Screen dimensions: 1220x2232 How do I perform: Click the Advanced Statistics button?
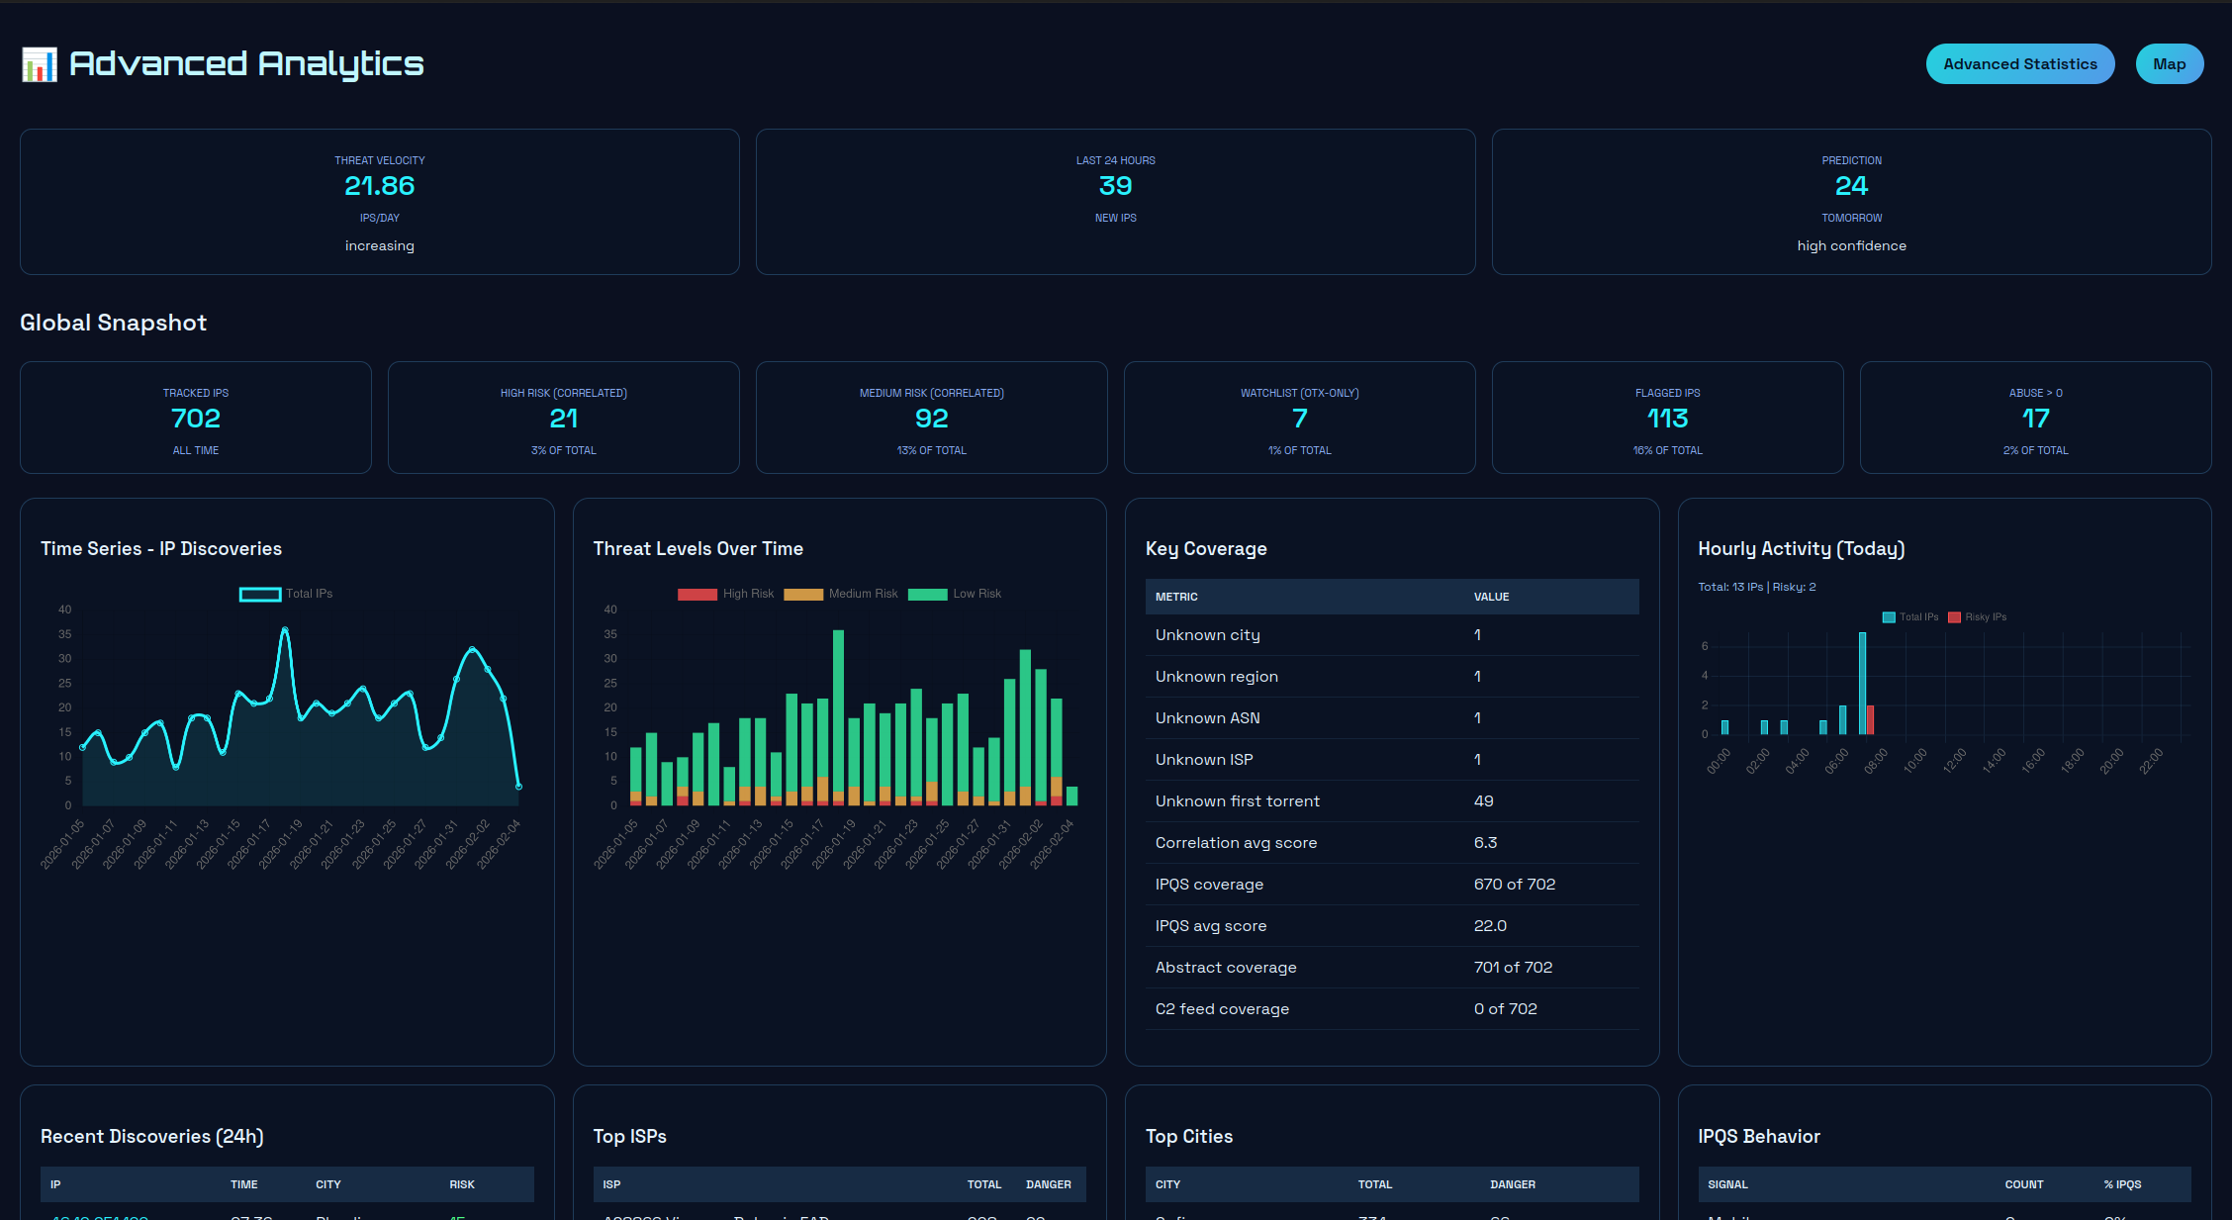pos(2019,64)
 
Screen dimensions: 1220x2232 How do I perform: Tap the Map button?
pos(2169,64)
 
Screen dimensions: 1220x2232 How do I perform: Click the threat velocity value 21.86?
pos(379,186)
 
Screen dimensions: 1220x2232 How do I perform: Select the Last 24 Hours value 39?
pos(1115,186)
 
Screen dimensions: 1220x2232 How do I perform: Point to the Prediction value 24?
pos(1851,186)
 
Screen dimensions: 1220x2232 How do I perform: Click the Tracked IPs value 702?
pos(196,419)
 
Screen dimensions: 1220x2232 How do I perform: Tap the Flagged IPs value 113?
pos(1667,419)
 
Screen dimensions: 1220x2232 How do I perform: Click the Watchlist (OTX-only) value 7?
pos(1299,419)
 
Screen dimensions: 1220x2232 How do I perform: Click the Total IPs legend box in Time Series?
pos(260,594)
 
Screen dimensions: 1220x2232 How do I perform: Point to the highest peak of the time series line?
pos(285,629)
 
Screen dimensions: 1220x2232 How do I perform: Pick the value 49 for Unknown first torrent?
pos(1483,801)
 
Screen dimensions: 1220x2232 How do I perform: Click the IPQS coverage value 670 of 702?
pos(1514,885)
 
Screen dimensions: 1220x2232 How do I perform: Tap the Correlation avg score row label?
pos(1236,843)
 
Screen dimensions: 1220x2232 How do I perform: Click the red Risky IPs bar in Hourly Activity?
pos(1870,719)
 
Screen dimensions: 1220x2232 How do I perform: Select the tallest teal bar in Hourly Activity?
pos(1862,683)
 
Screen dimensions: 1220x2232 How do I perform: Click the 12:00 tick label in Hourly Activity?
pos(1954,761)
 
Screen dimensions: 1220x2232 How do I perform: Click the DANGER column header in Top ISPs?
pos(1048,1184)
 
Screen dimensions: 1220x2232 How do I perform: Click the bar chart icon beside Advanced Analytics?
pos(40,64)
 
